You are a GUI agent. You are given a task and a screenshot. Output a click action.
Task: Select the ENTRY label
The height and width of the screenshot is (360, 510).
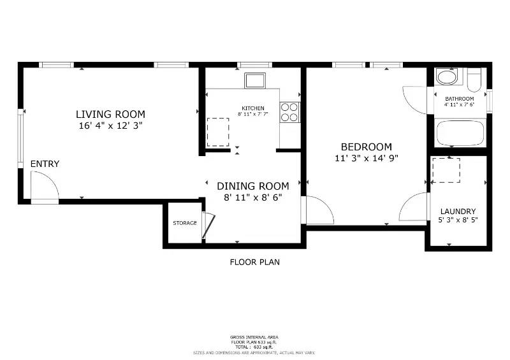[45, 164]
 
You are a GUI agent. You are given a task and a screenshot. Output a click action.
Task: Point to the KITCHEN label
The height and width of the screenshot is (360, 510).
[252, 108]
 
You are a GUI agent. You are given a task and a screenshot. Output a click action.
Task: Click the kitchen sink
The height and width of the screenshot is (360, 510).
[256, 81]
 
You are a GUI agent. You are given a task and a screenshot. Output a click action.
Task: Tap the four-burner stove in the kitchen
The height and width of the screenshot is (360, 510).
[289, 112]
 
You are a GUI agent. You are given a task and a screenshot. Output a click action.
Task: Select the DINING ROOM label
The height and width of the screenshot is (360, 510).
[252, 186]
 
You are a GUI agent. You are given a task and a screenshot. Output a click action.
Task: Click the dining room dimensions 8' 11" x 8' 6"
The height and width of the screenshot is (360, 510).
[252, 198]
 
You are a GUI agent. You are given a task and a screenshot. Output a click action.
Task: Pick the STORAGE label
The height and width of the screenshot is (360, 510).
[185, 223]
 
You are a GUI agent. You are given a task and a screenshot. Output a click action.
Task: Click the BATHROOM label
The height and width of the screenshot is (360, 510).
[459, 99]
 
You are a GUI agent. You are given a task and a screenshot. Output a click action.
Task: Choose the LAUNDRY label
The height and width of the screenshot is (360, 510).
[458, 212]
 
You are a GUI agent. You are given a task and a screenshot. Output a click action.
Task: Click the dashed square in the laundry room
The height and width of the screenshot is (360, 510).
[446, 170]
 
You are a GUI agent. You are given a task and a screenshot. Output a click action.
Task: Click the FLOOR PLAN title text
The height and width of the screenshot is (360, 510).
[254, 262]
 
